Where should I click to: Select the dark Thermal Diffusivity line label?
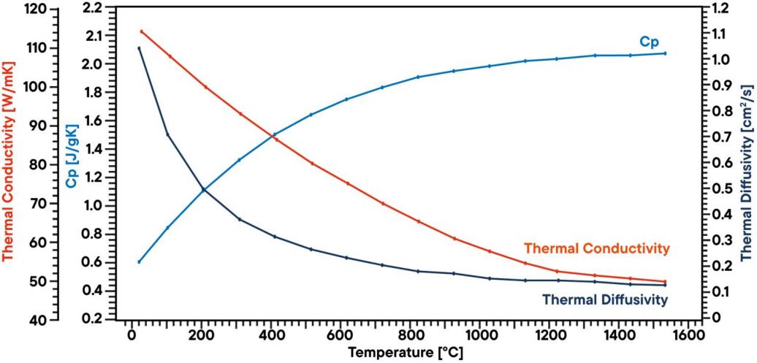pyautogui.click(x=604, y=299)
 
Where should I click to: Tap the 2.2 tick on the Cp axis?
pyautogui.click(x=93, y=8)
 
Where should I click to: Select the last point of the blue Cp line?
pyautogui.click(x=665, y=53)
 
